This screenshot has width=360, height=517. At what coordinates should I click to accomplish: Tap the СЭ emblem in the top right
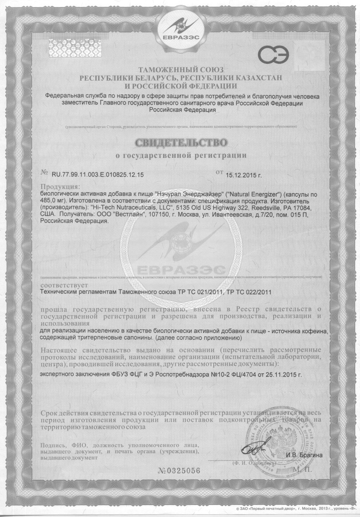coord(273,56)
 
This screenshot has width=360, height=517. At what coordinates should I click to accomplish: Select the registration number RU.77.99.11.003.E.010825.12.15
coord(98,175)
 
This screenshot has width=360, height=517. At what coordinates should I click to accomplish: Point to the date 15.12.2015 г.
coord(244,176)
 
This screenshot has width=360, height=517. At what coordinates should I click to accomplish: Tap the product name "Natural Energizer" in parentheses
coord(249,194)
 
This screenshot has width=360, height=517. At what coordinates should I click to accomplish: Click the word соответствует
coord(64,286)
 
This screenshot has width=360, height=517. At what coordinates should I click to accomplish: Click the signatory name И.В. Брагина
coord(304,455)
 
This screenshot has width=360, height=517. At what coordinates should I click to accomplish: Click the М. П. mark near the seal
coord(303,468)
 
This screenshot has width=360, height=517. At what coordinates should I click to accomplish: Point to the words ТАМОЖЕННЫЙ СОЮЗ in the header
coord(180,70)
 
